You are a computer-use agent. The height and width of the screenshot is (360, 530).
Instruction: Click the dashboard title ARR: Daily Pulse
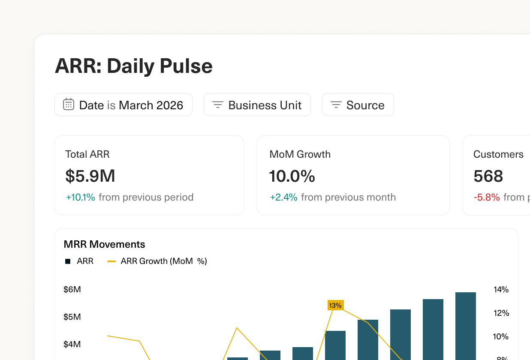(x=133, y=66)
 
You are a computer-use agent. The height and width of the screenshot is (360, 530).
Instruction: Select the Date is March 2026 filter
(x=123, y=105)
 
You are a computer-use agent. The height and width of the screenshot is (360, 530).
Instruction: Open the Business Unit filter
(x=257, y=105)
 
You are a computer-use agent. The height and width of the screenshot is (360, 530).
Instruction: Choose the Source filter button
(x=358, y=105)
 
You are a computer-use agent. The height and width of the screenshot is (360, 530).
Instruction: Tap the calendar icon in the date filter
(x=69, y=105)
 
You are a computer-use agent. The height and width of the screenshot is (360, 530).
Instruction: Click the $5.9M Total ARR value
(x=90, y=176)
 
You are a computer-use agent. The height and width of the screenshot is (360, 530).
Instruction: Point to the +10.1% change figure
(x=81, y=197)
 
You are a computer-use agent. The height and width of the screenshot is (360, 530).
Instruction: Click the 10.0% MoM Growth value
(x=292, y=176)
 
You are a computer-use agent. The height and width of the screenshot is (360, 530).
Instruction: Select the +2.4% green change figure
(x=283, y=197)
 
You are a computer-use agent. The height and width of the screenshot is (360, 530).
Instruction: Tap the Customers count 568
(x=488, y=176)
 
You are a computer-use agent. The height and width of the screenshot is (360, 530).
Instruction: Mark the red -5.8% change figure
(x=487, y=197)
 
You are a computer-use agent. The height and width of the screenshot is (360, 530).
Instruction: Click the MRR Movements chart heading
(x=104, y=244)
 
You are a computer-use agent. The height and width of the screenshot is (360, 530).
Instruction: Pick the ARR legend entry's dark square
(x=68, y=261)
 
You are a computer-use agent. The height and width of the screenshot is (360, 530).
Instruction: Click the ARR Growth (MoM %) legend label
(x=164, y=261)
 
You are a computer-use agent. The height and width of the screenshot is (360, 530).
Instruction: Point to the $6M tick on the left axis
(x=72, y=290)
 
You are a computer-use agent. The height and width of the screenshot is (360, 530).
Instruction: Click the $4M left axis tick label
(x=72, y=345)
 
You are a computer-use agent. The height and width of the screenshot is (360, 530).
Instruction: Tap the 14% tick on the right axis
(x=501, y=290)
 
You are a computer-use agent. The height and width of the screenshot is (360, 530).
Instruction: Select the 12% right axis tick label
(x=501, y=313)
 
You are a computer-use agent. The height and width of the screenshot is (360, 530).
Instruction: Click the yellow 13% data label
(x=335, y=305)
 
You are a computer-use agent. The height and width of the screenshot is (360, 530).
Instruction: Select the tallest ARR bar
(x=465, y=326)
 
